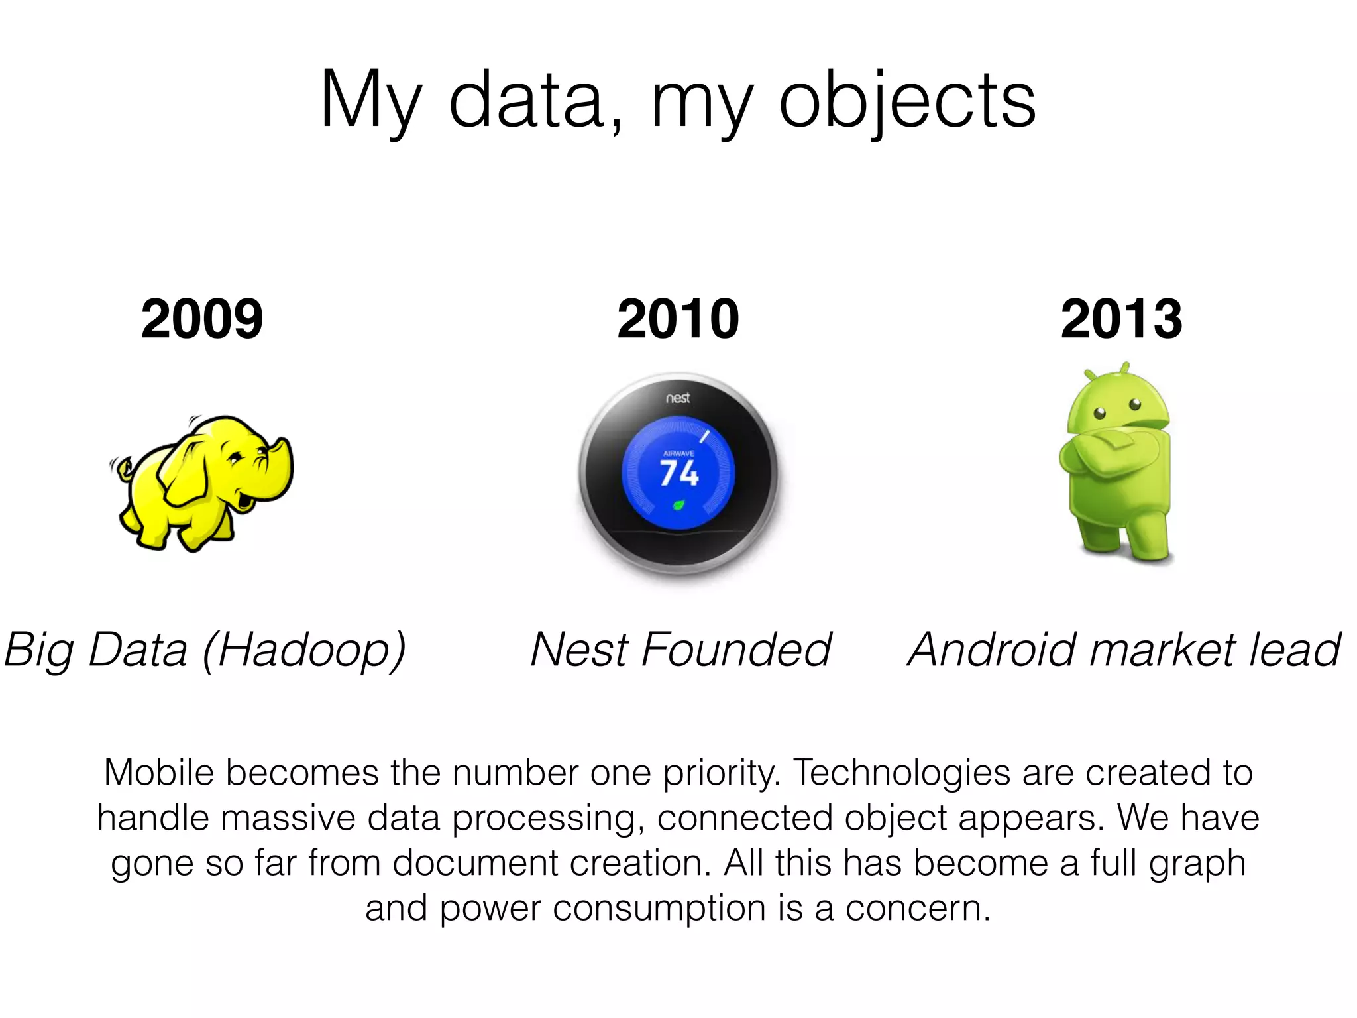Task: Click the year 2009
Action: pyautogui.click(x=202, y=319)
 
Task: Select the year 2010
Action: pyautogui.click(x=678, y=319)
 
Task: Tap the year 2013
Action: pyautogui.click(x=1121, y=319)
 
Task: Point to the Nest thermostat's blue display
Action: pyautogui.click(x=678, y=472)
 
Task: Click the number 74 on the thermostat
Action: pyautogui.click(x=679, y=473)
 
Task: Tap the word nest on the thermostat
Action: pyautogui.click(x=678, y=398)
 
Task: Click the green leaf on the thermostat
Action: pyautogui.click(x=678, y=506)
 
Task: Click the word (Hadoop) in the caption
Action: pyautogui.click(x=304, y=650)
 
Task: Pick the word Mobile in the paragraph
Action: pyautogui.click(x=159, y=773)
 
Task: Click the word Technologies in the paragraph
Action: pyautogui.click(x=902, y=773)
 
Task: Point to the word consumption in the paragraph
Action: pyautogui.click(x=659, y=908)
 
